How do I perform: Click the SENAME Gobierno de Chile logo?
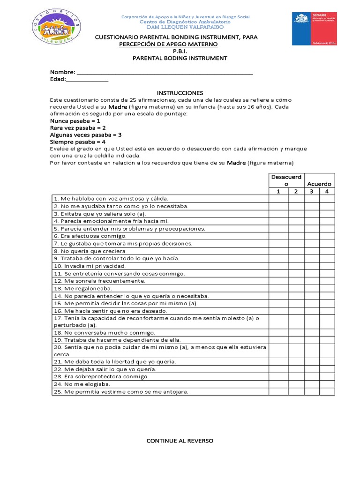pos(315,29)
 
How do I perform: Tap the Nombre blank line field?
pos(165,73)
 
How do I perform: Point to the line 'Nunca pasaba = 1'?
pos(75,120)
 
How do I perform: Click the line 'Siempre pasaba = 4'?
pos(78,142)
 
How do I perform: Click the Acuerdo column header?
pos(319,184)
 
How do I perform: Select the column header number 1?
pos(278,191)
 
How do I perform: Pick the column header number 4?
pos(327,191)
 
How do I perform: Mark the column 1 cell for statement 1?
pos(278,199)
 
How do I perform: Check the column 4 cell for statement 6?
pos(327,236)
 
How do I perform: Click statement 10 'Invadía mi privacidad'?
pos(90,266)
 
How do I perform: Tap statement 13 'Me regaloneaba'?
pos(82,289)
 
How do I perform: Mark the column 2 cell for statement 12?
pos(296,281)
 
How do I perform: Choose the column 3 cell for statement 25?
pos(312,392)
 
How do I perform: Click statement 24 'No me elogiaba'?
pos(82,384)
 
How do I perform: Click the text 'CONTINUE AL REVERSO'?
pos(180,441)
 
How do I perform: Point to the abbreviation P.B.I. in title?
pos(180,51)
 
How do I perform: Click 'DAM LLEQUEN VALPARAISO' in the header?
pos(185,27)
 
